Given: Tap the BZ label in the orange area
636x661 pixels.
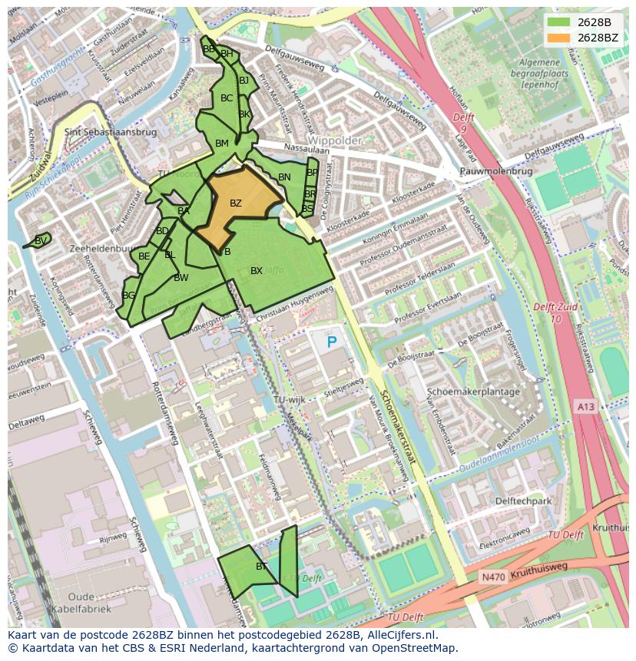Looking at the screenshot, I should [x=236, y=203].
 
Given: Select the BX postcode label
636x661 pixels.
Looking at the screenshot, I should [x=257, y=271].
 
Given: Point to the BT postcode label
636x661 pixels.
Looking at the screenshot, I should [x=261, y=567].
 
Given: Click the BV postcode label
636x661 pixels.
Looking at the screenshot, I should [x=41, y=241].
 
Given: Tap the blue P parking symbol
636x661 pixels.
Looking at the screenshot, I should [x=332, y=342].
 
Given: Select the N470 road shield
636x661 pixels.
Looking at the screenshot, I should [x=492, y=577].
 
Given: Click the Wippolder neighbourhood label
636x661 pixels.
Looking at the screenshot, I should [x=336, y=141].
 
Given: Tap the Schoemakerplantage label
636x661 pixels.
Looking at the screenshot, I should [x=473, y=392].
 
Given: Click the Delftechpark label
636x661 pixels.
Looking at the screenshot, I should [x=524, y=501].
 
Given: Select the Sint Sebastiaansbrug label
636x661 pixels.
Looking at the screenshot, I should [x=111, y=132].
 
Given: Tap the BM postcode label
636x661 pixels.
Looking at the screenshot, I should [x=222, y=144].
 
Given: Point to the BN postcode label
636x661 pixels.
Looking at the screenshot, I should [x=284, y=177].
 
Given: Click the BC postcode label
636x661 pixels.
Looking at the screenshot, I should [x=227, y=98].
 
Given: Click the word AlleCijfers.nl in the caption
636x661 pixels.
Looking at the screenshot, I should [x=399, y=635].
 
